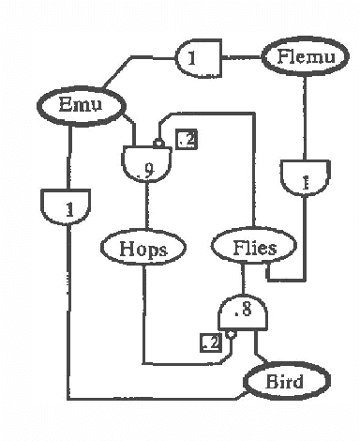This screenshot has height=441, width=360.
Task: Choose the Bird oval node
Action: click(286, 382)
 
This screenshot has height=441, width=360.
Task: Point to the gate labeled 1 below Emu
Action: click(67, 208)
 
